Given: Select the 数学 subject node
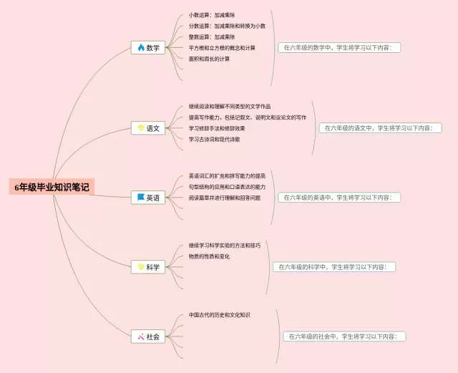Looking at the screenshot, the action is coord(148,48).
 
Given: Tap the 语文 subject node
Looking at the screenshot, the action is coord(148,129).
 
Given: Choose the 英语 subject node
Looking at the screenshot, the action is coord(148,198).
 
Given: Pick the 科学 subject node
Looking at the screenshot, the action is coord(148,267).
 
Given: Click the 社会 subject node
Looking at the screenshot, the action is coord(148,336).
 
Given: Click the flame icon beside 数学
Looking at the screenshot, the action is coord(141,48).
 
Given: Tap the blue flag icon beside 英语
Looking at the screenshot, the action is coord(141,198).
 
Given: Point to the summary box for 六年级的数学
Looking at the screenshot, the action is coord(340,48).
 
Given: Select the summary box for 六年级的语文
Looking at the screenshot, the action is coord(379,128).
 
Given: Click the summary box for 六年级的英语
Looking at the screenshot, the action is coord(340,197).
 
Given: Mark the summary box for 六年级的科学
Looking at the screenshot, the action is coord(334,266).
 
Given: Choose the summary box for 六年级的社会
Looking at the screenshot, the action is coord(345,336).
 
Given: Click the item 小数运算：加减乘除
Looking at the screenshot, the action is coord(212,14).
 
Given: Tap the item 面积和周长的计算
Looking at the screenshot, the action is coord(210,59).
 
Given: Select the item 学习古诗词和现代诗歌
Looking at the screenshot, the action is coord(215,139).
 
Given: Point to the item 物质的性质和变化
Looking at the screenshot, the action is coord(210,256).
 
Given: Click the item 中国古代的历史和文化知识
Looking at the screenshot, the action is coord(220,314).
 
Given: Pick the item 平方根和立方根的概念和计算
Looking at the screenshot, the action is coord(222,48).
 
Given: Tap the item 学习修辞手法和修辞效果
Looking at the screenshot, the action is coord(217,128).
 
